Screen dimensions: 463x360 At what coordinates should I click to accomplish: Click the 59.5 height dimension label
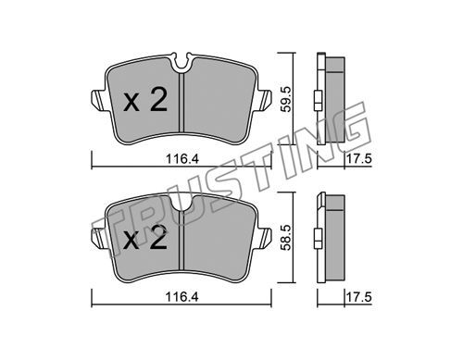286,99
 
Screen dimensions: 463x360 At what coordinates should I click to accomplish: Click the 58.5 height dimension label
286,237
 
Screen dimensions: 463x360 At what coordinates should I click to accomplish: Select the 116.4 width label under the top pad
182,159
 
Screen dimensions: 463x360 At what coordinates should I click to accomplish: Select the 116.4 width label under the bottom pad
182,297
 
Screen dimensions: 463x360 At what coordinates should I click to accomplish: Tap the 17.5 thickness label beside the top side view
358,159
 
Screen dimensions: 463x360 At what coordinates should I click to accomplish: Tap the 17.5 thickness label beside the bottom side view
358,298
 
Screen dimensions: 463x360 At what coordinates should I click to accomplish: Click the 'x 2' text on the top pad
145,99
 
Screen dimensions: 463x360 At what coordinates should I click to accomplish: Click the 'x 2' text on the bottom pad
145,238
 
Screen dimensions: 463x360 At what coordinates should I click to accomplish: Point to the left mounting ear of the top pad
99,100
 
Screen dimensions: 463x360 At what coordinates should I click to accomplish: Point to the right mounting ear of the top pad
263,100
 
